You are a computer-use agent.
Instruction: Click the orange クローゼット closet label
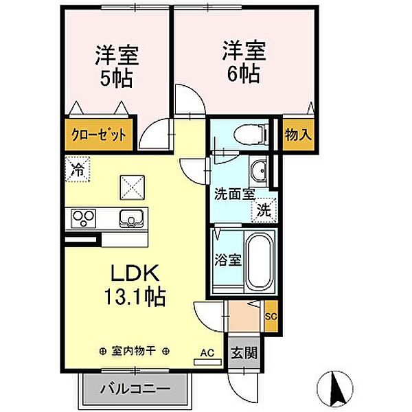coord(100,135)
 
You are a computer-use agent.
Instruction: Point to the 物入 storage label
coord(299,133)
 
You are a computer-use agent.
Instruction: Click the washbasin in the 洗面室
coord(259,170)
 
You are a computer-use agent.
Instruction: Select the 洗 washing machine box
coord(264,211)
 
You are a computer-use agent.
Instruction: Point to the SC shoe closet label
coord(272,316)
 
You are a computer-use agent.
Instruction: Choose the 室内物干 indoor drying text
coord(135,351)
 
